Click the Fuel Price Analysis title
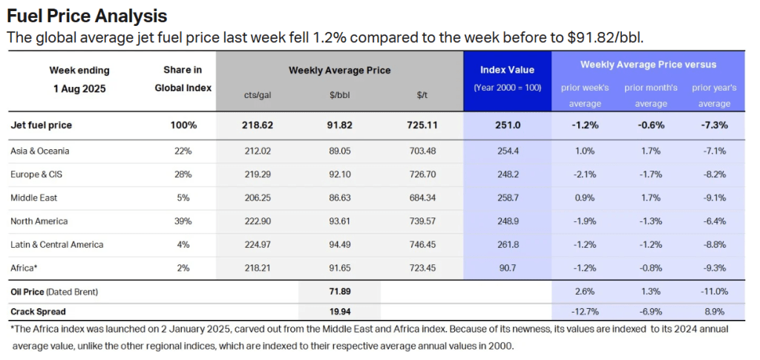point(87,16)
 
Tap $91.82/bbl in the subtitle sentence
point(618,37)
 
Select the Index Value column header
point(507,70)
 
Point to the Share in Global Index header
point(183,79)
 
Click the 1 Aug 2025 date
point(79,88)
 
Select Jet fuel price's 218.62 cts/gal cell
point(258,125)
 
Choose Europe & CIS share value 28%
point(183,174)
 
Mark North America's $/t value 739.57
point(422,221)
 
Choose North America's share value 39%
point(183,221)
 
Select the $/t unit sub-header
point(422,95)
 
